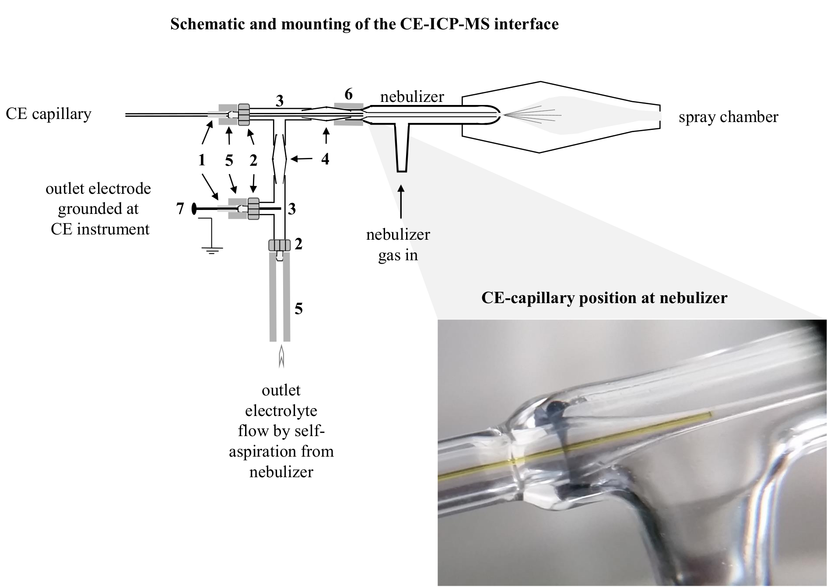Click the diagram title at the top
(x=364, y=24)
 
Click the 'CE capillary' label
(x=49, y=114)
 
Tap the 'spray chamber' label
(x=729, y=117)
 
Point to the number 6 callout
(x=348, y=94)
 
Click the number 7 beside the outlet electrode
(x=180, y=209)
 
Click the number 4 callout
(x=325, y=159)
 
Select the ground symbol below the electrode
(x=212, y=251)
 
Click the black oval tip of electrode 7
(x=194, y=209)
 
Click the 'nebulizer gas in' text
(x=398, y=245)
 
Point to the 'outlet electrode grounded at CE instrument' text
(x=99, y=209)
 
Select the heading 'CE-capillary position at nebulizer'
(x=604, y=298)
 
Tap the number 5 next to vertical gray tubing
(x=298, y=309)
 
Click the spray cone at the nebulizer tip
(x=533, y=115)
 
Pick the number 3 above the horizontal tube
(x=279, y=101)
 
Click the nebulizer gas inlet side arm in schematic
(x=402, y=148)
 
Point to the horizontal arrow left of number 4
(x=301, y=160)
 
